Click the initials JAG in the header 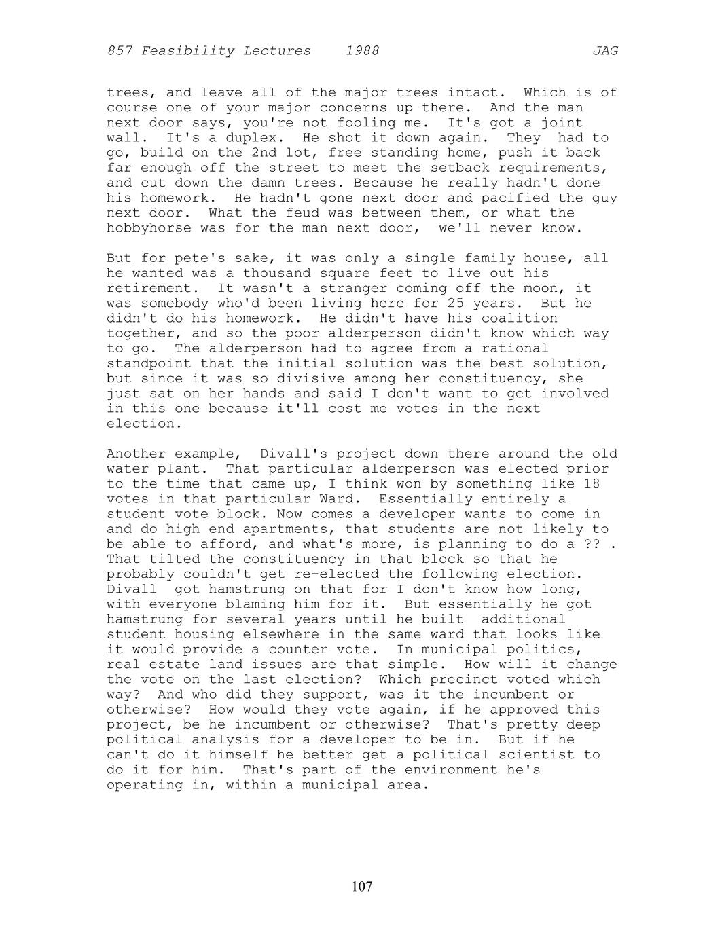point(604,51)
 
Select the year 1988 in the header point(362,51)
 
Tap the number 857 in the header point(120,51)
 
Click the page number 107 point(362,886)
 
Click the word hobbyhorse point(149,228)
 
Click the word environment point(451,770)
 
